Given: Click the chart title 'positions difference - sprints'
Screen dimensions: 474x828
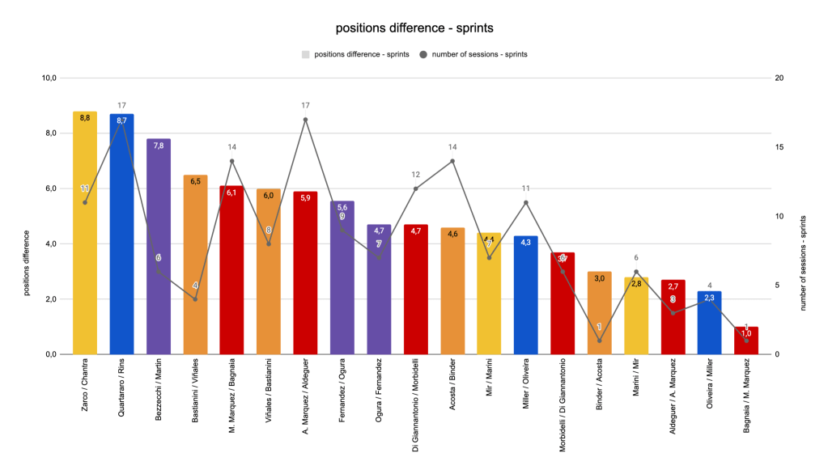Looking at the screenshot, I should (x=414, y=28).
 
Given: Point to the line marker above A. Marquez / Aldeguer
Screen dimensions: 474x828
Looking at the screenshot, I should (x=305, y=120).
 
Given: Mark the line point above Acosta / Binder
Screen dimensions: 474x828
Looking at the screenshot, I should (x=452, y=161).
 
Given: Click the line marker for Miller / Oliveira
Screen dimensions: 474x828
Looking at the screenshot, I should (x=526, y=202).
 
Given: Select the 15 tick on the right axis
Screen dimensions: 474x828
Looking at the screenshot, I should (x=778, y=147).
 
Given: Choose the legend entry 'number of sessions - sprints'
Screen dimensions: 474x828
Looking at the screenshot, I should (x=478, y=54).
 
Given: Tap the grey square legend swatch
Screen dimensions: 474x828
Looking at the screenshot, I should (x=305, y=54).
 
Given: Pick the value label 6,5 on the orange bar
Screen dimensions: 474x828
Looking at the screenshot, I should (x=195, y=182).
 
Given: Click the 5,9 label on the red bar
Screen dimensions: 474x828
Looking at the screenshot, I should (x=305, y=198).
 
